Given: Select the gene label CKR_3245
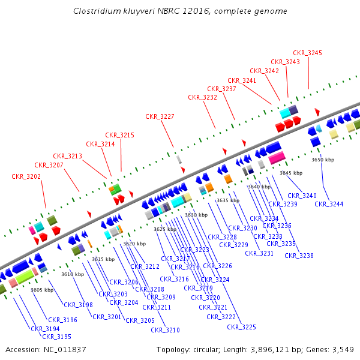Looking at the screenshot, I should point(308,53).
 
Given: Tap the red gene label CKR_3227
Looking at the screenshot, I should point(160,116).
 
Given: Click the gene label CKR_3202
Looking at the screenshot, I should point(26,176).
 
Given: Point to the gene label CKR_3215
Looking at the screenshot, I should point(120,135).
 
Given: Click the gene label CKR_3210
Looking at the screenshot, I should point(165,330).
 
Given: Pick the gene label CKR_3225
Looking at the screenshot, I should point(241,327).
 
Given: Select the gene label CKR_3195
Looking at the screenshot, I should point(56,337).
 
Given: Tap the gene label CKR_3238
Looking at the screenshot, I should point(299,256).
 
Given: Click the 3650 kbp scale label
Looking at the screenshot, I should point(322,160).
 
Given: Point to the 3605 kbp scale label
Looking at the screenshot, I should point(42,290).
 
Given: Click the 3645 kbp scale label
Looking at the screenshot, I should point(291,173).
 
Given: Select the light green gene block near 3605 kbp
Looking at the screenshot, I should point(25,277).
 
